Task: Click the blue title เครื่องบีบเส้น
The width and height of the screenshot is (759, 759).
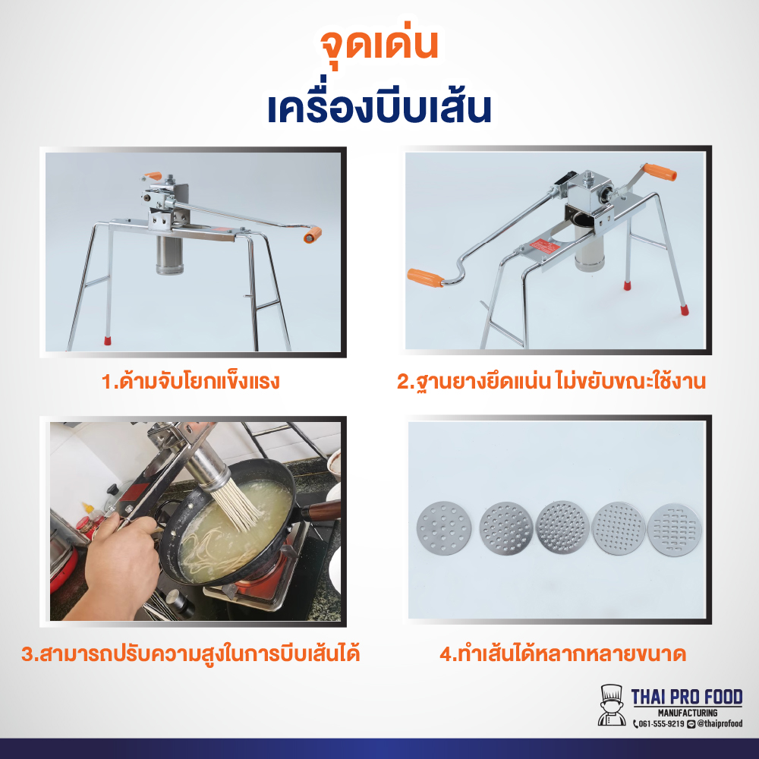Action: pyautogui.click(x=379, y=109)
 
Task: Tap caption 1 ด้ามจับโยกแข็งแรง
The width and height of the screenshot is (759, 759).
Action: pyautogui.click(x=191, y=381)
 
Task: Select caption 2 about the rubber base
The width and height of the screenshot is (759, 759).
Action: pyautogui.click(x=551, y=381)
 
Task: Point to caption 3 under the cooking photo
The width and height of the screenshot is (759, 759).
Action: pyautogui.click(x=191, y=653)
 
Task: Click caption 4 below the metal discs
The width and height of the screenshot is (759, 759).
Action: pyautogui.click(x=562, y=653)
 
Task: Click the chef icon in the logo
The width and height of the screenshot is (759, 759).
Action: pyautogui.click(x=612, y=706)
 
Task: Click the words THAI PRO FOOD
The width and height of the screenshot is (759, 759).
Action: pyautogui.click(x=687, y=696)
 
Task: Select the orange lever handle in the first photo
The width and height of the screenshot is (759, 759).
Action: pyautogui.click(x=312, y=235)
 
